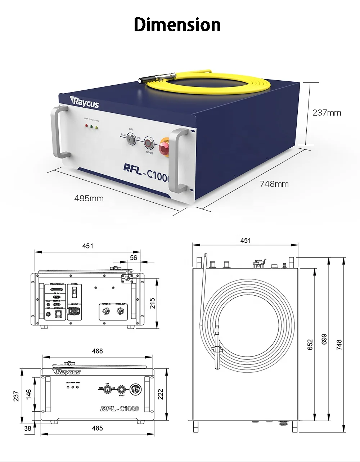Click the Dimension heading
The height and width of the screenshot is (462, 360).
tap(177, 25)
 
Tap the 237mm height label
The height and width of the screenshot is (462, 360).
tap(327, 113)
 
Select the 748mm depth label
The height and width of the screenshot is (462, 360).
tap(274, 184)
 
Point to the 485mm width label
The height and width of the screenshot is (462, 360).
tap(89, 198)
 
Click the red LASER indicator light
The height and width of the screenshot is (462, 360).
tap(86, 126)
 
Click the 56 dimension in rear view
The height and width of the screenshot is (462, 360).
tap(134, 257)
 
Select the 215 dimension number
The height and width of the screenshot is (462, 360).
tap(152, 303)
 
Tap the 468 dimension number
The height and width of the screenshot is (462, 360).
tap(97, 351)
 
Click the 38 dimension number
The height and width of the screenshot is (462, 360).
tap(28, 428)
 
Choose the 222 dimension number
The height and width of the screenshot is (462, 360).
tap(161, 394)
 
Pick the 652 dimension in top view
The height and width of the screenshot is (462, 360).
tap(310, 345)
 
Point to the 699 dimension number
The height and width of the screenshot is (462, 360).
tap(324, 339)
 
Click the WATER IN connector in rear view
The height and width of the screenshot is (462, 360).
tap(106, 311)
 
